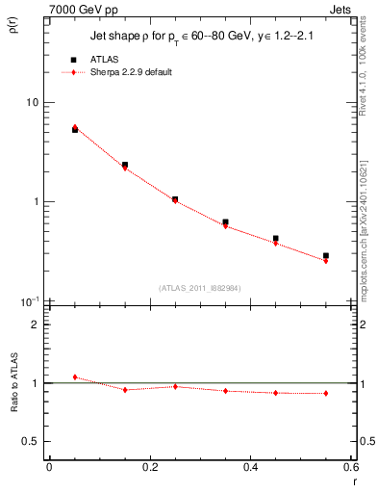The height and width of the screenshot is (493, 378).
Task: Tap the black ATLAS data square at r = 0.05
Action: coord(75,129)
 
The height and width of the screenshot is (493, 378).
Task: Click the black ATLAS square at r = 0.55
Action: coord(326,256)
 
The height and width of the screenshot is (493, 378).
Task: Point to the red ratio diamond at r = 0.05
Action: coord(75,376)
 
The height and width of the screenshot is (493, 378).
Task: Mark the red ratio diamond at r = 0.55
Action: coord(326,393)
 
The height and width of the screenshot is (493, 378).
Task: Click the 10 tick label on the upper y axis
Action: coord(32,102)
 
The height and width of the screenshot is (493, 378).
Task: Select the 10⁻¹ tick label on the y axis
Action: coord(30,301)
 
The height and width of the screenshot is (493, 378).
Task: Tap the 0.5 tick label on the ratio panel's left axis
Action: coord(32,441)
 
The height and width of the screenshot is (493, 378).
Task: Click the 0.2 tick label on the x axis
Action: coord(150,467)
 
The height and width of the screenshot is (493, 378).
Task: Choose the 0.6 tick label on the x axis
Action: coord(350,467)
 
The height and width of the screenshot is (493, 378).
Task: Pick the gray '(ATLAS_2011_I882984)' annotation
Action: coord(199,287)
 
